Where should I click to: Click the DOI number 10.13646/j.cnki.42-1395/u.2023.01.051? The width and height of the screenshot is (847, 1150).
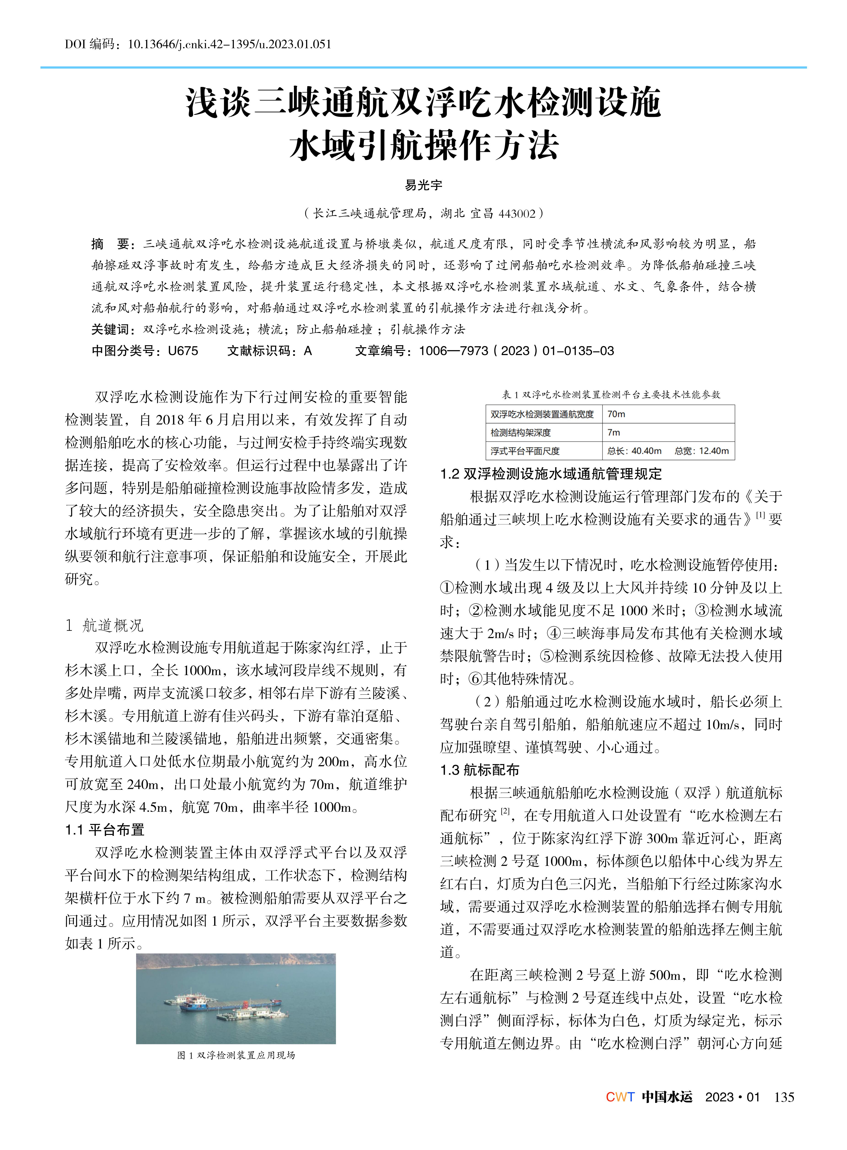(x=229, y=44)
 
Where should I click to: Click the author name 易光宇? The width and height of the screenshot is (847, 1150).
(x=424, y=185)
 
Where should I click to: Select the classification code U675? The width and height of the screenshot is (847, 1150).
(x=183, y=351)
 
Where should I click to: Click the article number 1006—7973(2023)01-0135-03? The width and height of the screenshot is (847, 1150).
(x=516, y=351)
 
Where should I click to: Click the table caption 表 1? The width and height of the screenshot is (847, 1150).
(x=611, y=394)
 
